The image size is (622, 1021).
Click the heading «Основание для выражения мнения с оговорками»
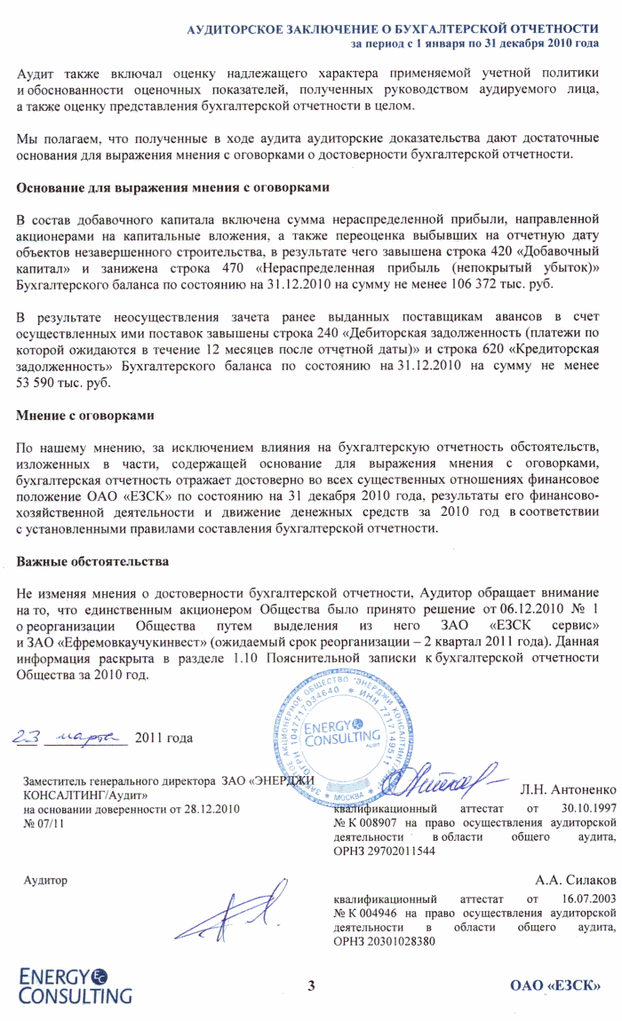click(x=173, y=188)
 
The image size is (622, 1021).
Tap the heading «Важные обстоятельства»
click(x=92, y=563)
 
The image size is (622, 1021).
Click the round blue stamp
click(x=364, y=727)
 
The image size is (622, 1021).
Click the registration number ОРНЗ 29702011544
click(x=384, y=851)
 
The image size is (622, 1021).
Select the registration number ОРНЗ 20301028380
click(x=384, y=942)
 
